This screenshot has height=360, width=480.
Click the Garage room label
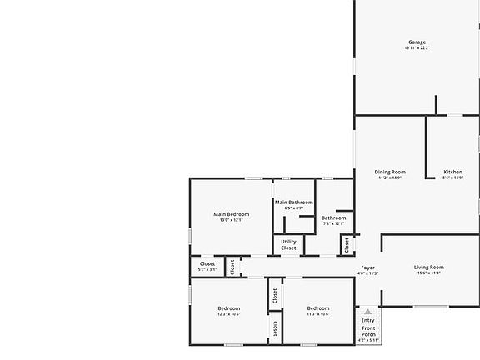417,42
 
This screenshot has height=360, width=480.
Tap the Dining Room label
390,172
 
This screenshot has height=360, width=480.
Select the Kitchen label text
452,172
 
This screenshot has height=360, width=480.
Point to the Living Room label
429,267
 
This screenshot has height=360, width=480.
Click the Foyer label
367,267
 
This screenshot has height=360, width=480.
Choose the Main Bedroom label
231,214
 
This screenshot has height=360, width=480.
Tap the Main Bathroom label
294,202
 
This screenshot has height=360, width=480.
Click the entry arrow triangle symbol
367,312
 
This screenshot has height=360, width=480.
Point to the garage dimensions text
417,48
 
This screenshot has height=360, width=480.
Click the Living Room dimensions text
429,272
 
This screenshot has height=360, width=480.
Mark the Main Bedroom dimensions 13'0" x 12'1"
231,220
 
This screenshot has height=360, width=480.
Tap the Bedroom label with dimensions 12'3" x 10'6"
229,307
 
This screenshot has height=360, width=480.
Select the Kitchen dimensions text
452,177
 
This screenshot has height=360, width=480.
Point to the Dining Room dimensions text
390,177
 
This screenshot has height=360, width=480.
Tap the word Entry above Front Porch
367,321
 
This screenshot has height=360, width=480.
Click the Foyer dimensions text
367,273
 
